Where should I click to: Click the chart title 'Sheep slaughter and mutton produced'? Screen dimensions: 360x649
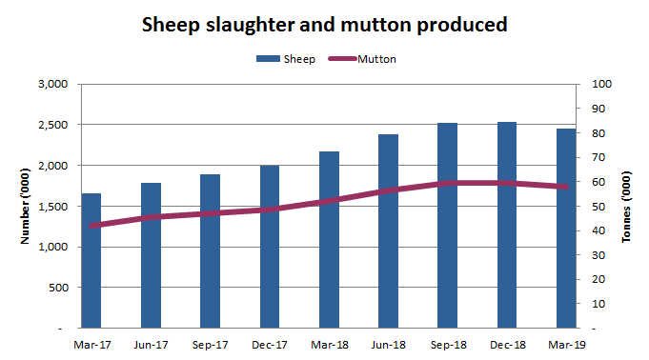[324, 24]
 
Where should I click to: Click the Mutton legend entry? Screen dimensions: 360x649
[363, 59]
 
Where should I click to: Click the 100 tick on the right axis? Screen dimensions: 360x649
[600, 84]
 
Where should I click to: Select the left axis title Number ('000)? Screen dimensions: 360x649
[25, 206]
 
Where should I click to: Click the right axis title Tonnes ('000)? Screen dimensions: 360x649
[626, 206]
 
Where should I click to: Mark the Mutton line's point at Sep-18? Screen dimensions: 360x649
[447, 183]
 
